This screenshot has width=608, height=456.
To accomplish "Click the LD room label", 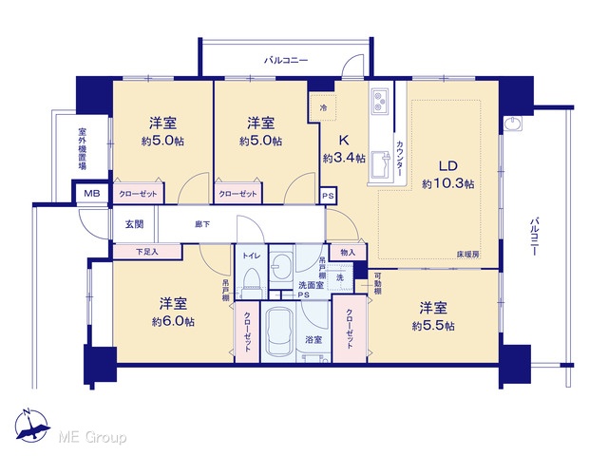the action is pyautogui.click(x=448, y=166).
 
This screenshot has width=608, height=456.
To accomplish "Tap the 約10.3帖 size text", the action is pyautogui.click(x=448, y=183).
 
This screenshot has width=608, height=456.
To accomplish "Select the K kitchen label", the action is pyautogui.click(x=344, y=140).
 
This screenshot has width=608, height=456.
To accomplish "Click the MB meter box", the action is pyautogui.click(x=92, y=193).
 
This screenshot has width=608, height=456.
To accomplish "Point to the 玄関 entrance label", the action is pyautogui.click(x=134, y=224).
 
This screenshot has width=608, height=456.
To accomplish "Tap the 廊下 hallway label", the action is pyautogui.click(x=202, y=224).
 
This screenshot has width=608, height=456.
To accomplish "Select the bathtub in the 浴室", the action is pyautogui.click(x=278, y=333).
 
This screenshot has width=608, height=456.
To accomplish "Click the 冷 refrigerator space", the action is pyautogui.click(x=323, y=107).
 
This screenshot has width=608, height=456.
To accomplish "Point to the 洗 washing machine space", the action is pyautogui.click(x=340, y=277).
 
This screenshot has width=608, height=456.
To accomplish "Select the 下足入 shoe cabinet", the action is pyautogui.click(x=147, y=252).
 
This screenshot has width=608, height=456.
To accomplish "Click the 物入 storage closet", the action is pyautogui.click(x=348, y=253).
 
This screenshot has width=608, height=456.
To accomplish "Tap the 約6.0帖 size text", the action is pyautogui.click(x=173, y=322).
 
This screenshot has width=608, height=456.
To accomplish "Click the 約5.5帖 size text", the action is pyautogui.click(x=433, y=326).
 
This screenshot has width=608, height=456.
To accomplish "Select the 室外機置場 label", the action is pyautogui.click(x=83, y=148).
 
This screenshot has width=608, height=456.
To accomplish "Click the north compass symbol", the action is pyautogui.click(x=31, y=426).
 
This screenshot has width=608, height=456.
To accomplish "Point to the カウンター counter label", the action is pyautogui.click(x=400, y=159).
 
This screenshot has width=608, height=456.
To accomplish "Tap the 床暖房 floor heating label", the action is pyautogui.click(x=468, y=255).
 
